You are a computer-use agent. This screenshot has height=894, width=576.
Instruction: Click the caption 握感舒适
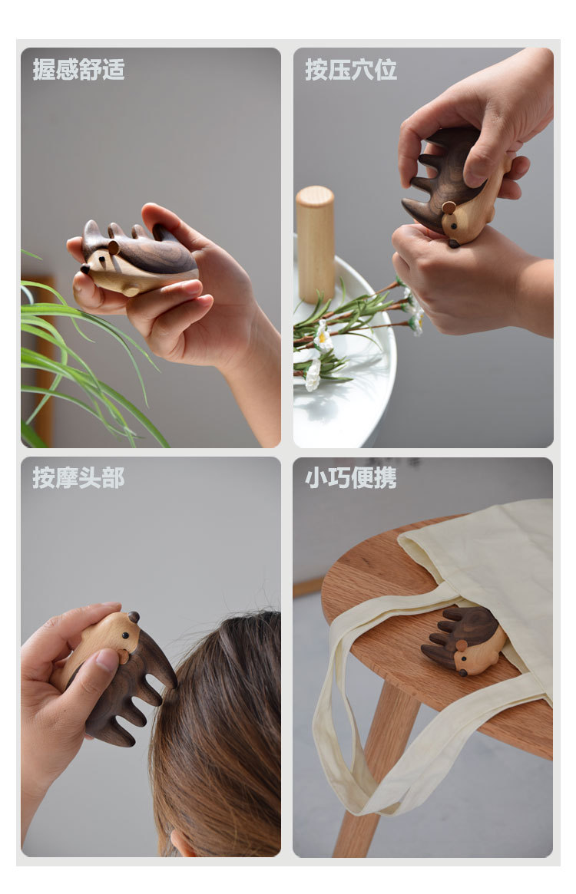pos(78,69)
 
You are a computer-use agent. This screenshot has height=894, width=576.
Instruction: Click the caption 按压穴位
pos(351,69)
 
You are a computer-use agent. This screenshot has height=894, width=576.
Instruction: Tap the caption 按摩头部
pos(78,477)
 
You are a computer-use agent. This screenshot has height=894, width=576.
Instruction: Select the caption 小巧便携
pos(351,477)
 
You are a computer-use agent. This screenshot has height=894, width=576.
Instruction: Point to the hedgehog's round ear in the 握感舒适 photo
pos(113,247)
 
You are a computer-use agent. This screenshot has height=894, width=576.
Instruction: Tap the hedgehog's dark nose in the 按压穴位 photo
pos(453,243)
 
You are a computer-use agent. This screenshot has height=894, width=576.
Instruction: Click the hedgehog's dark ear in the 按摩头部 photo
pos(134,617)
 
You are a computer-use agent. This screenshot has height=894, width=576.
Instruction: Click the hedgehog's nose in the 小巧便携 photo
pos(464,672)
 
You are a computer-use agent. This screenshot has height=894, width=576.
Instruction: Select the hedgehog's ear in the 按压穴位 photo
pos(449,208)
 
